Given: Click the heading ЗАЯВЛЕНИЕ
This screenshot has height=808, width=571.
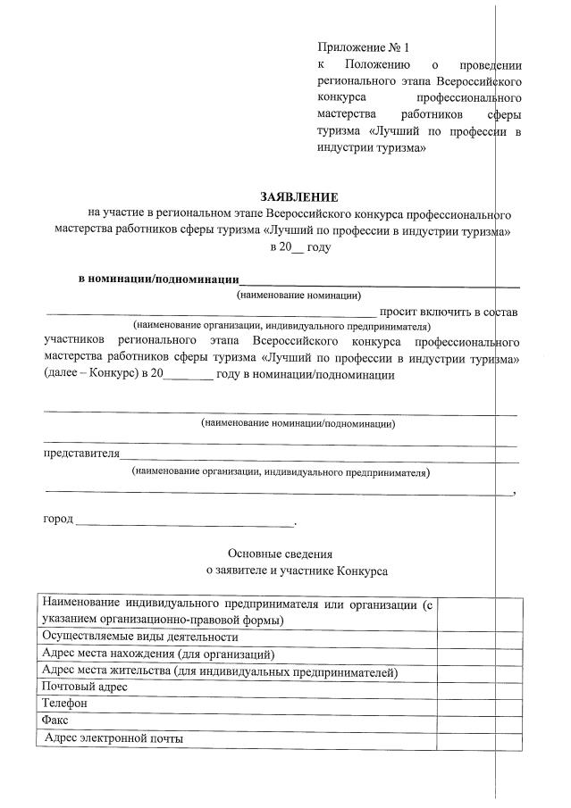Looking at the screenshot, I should (299, 196).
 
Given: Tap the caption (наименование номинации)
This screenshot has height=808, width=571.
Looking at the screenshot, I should (298, 295).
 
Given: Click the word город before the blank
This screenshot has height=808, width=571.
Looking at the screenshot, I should (58, 520).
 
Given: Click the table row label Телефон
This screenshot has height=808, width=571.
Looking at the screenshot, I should (65, 704).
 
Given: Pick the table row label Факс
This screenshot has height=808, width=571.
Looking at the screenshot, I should (55, 721).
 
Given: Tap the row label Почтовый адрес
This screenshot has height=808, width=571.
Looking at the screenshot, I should (85, 687).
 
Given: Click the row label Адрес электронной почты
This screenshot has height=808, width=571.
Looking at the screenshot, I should (113, 738).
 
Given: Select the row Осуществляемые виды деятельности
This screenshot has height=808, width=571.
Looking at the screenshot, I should (140, 637).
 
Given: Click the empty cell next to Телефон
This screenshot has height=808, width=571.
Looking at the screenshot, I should (478, 704).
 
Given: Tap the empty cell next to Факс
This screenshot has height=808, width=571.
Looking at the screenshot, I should (478, 721).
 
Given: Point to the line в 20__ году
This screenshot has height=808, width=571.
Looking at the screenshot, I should (299, 247).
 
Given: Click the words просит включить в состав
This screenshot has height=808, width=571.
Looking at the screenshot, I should (448, 312).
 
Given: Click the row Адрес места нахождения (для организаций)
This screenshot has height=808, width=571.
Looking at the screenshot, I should (152, 654).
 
